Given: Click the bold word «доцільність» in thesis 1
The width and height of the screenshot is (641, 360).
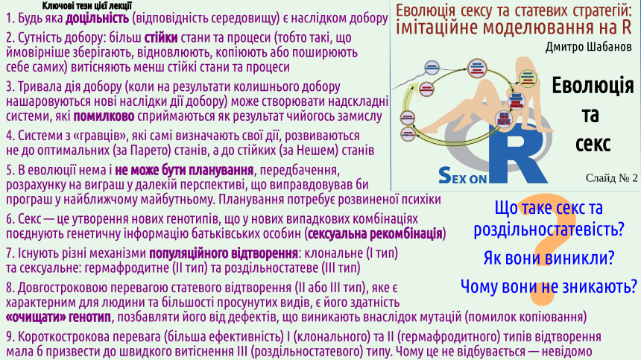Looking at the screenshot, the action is pyautogui.click(x=98, y=19).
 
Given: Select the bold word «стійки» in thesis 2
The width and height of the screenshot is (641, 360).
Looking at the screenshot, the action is pyautogui.click(x=161, y=37).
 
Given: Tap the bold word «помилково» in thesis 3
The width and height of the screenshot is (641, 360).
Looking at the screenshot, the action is pyautogui.click(x=104, y=116).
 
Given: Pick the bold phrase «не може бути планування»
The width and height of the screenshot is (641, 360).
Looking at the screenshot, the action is pyautogui.click(x=184, y=170).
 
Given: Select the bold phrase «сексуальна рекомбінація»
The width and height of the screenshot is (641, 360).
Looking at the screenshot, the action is pyautogui.click(x=375, y=234).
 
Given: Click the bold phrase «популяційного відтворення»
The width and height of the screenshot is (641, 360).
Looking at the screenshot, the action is pyautogui.click(x=224, y=253).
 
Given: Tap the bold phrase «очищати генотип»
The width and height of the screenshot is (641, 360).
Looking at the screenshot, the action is pyautogui.click(x=58, y=317).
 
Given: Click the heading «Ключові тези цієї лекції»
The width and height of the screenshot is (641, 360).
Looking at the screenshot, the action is pyautogui.click(x=86, y=6).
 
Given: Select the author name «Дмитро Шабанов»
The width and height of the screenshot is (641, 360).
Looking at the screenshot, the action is pyautogui.click(x=588, y=46).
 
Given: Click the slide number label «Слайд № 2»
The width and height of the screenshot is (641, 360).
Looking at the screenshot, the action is pyautogui.click(x=612, y=177).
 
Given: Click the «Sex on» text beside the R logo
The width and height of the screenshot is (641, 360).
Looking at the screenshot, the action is pyautogui.click(x=462, y=175).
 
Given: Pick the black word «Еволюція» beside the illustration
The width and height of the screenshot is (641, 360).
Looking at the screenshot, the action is pyautogui.click(x=593, y=86).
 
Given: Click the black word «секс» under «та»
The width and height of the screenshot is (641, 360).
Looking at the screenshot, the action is pyautogui.click(x=593, y=143).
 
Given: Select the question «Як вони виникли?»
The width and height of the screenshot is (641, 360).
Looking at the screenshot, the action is pyautogui.click(x=549, y=258).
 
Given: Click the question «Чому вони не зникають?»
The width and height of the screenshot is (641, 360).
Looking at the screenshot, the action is pyautogui.click(x=549, y=286).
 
